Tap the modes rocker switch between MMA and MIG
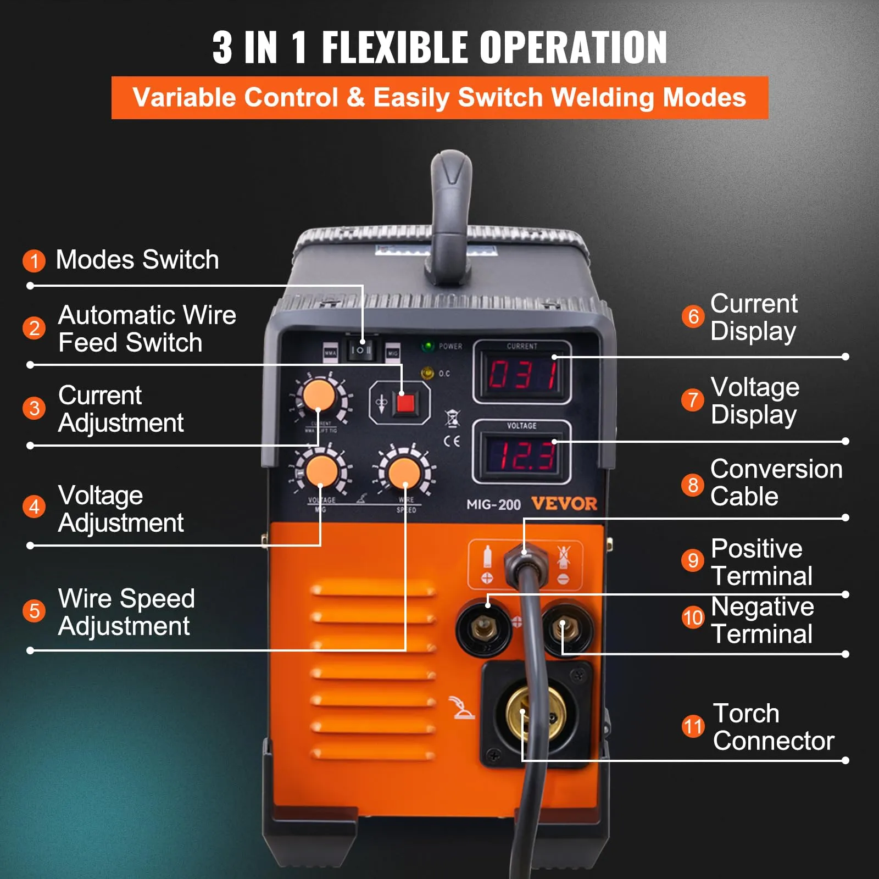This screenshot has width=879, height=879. (361, 350)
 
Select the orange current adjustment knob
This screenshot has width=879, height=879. (319, 395)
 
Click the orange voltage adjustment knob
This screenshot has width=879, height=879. (321, 471)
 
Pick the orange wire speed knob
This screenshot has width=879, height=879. (404, 472)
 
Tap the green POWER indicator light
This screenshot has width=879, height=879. (427, 347)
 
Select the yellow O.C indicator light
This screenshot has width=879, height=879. (427, 374)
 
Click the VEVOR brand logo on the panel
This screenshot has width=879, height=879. (564, 504)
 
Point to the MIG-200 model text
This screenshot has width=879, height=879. (493, 504)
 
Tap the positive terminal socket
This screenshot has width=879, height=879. (483, 626)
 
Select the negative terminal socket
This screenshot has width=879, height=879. (567, 626)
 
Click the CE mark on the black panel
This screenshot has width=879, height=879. (452, 441)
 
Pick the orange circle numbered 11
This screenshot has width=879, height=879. (693, 726)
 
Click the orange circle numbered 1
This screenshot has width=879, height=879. (34, 260)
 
